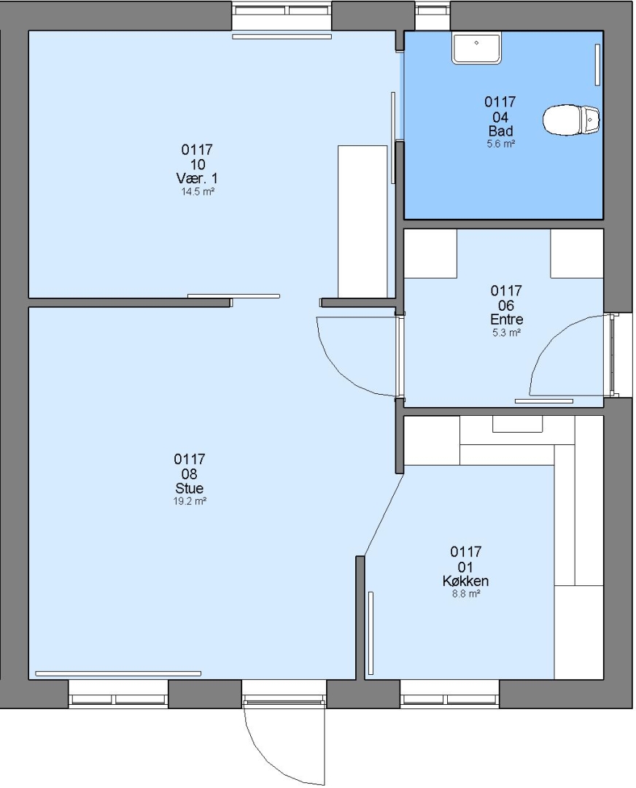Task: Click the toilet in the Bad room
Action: coord(571,120)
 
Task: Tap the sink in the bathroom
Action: coord(477,47)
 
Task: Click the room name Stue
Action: coord(190,488)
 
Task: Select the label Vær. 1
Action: coord(197,179)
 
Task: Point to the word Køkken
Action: coord(466,581)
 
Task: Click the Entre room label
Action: coord(506,319)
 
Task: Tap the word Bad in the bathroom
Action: coord(500,131)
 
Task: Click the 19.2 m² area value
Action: coord(190,501)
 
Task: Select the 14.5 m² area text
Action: coord(198,191)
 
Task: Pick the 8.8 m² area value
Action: coord(466,594)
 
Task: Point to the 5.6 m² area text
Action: coord(501,144)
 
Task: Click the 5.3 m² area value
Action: coord(506,332)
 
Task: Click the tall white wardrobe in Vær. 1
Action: coord(362,222)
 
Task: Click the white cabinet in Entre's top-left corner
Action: coord(430,254)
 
